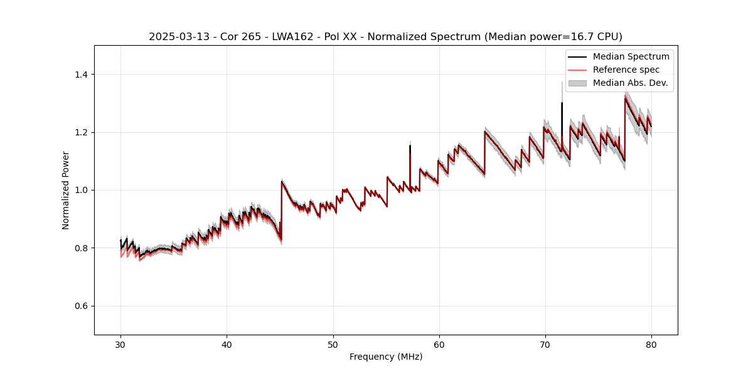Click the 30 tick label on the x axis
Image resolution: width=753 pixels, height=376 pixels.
click(121, 345)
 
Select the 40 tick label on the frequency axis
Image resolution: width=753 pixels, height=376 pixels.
click(227, 345)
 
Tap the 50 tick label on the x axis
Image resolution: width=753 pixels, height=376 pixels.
click(333, 345)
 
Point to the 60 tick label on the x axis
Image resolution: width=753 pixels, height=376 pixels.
click(439, 345)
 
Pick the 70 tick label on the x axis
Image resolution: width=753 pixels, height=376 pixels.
click(545, 345)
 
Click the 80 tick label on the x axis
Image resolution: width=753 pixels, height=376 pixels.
click(651, 345)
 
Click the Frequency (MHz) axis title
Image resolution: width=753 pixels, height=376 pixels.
click(386, 357)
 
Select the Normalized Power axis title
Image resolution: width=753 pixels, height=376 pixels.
click(66, 190)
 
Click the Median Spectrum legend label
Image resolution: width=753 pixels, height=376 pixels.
click(631, 56)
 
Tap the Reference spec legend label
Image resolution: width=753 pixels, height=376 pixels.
click(626, 70)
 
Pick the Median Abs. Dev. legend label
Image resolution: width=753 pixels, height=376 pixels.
click(630, 83)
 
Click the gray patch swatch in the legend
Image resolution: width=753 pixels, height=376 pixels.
click(577, 83)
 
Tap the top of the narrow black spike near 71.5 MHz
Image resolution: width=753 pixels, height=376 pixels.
click(562, 103)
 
